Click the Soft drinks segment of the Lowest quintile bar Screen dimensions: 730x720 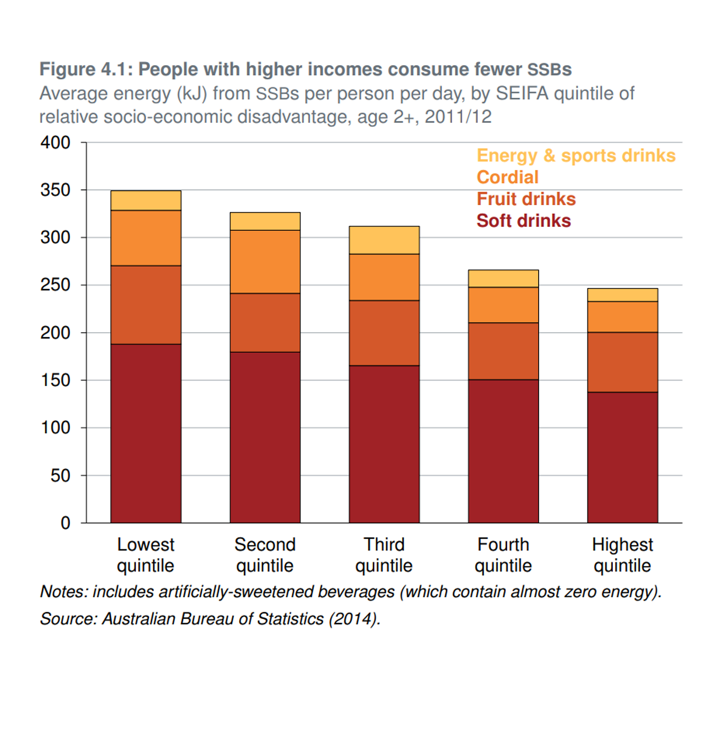point(146,433)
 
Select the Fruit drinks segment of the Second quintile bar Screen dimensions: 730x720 point(265,322)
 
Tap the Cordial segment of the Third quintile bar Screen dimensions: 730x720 point(384,277)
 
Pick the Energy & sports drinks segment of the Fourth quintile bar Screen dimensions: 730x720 point(503,278)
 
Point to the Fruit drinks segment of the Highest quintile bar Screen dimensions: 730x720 point(622,362)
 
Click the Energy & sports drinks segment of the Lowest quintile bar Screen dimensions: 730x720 point(146,201)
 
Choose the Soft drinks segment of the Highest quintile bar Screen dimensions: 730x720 point(622,457)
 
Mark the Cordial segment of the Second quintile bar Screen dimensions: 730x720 point(265,262)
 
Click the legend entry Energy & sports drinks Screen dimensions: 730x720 point(576,155)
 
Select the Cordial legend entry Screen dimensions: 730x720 point(507,177)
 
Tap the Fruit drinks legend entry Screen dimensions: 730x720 point(526,199)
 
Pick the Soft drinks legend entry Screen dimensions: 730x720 point(523,221)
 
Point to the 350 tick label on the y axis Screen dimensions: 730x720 point(55,190)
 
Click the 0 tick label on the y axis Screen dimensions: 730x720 point(65,523)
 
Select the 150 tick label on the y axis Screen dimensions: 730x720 point(55,380)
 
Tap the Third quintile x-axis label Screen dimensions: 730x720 point(384,555)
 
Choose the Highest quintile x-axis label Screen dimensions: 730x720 point(622,555)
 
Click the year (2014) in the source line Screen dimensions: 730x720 point(354,619)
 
